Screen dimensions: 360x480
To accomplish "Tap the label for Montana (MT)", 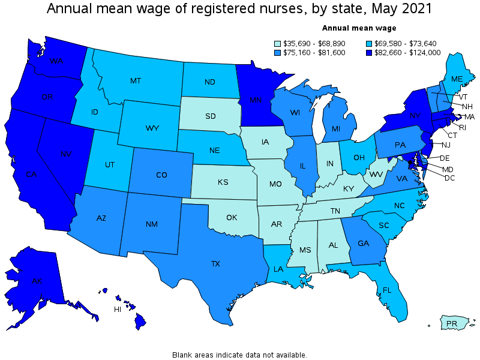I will pyautogui.click(x=136, y=80).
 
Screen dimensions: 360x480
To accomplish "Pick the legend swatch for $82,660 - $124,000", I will pyautogui.click(x=368, y=53).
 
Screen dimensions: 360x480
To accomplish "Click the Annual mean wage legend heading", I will pyautogui.click(x=359, y=28).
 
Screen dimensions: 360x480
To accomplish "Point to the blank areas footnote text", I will pyautogui.click(x=239, y=355).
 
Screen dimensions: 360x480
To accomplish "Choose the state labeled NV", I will pyautogui.click(x=66, y=154).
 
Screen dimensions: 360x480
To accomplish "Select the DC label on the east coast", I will pyautogui.click(x=449, y=178).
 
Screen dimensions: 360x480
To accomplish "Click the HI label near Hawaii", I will pyautogui.click(x=118, y=310).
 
